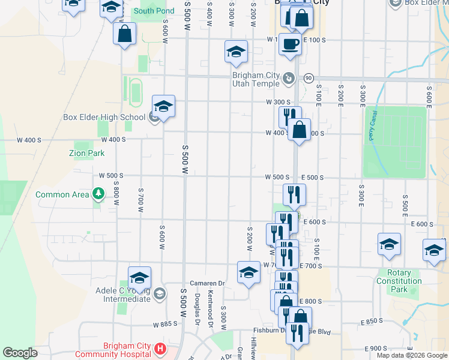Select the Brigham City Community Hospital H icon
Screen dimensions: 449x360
point(160,349)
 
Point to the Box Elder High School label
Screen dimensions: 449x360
point(103,117)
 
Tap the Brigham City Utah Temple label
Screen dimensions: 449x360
point(256,79)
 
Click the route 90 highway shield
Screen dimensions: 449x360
point(309,78)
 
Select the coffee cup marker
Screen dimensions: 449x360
point(291,45)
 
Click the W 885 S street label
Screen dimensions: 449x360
point(165,325)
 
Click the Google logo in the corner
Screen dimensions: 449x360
point(20,353)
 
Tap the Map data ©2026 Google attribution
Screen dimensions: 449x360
point(411,355)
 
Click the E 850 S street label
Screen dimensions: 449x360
point(373,322)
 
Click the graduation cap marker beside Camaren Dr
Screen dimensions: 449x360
point(249,273)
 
